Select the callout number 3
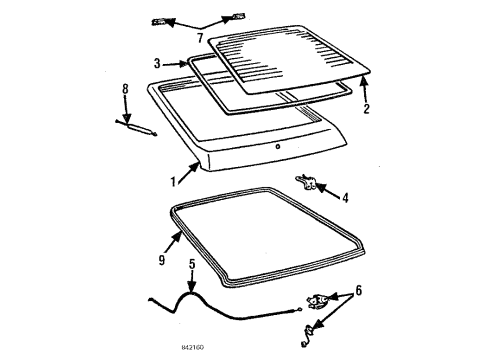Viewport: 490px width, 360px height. click(157, 64)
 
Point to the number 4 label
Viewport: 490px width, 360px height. click(345, 198)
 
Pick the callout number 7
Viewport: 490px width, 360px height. click(199, 38)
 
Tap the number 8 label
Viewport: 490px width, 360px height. click(125, 90)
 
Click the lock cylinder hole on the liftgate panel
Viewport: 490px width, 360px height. click(276, 147)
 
